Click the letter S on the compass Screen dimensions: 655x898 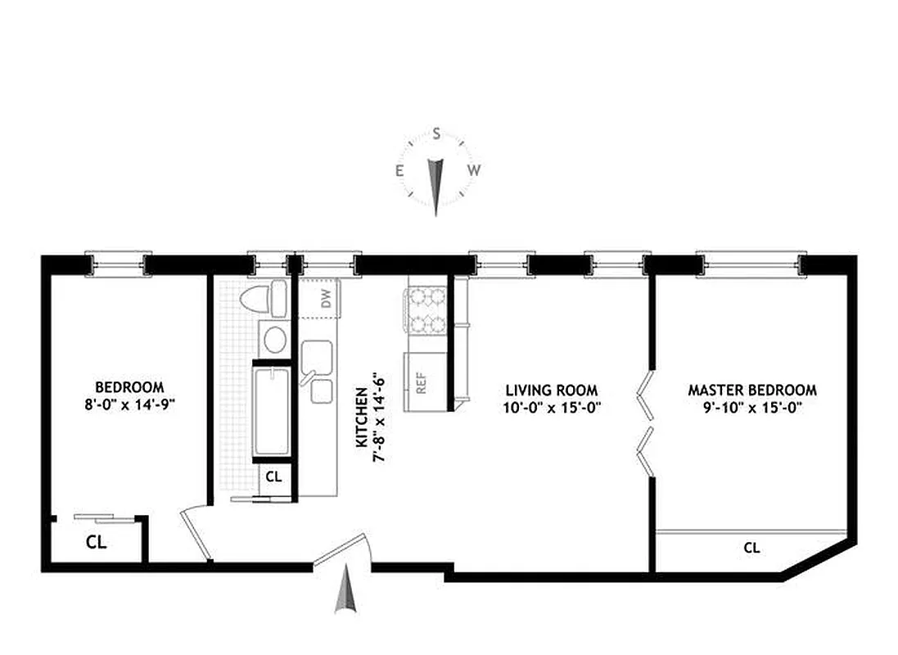coord(437,133)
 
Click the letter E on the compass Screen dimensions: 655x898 coord(400,170)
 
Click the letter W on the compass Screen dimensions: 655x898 coord(473,170)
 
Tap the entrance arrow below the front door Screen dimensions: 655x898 coord(345,594)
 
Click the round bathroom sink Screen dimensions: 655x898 coord(273,337)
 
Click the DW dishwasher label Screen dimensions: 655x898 coord(327,301)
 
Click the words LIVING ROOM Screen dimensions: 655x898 coord(551,391)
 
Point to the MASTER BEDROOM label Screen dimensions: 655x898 coord(751,391)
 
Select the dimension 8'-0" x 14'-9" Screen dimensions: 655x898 coord(129,403)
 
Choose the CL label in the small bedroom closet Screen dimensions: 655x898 coord(97,541)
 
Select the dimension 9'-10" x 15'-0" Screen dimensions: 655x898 coord(751,407)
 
